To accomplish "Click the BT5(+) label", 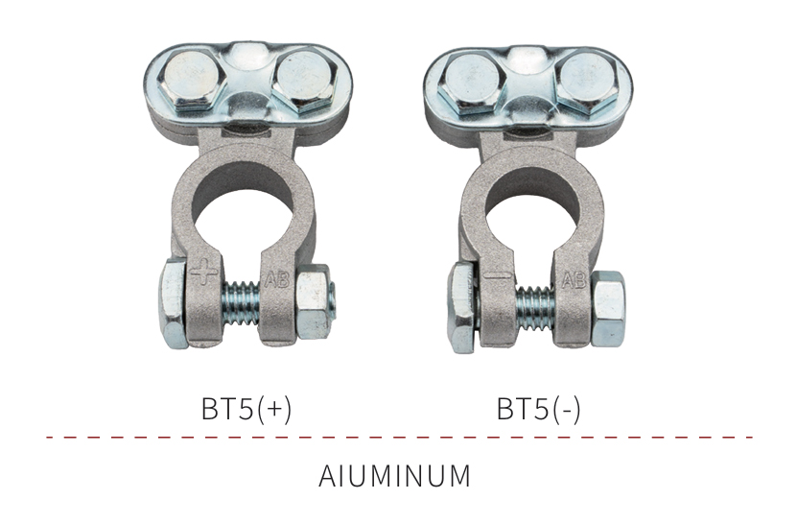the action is (246, 409).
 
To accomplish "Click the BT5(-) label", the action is (538, 409).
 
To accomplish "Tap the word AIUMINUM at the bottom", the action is (394, 476).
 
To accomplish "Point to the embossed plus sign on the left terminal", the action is (204, 273).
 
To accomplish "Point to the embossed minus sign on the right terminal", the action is (498, 276).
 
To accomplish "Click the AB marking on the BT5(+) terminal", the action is (277, 279).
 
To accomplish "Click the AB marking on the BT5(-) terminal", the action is (574, 280).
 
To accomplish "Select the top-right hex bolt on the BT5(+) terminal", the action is (304, 81).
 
